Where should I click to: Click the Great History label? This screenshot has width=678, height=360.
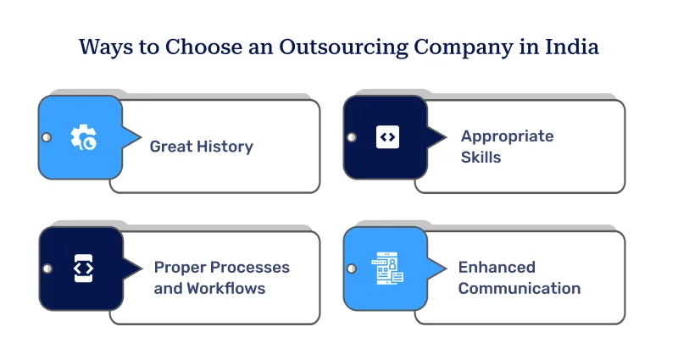pyautogui.click(x=201, y=147)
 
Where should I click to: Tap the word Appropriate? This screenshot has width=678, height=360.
pyautogui.click(x=507, y=136)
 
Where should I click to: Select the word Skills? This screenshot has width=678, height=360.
pyautogui.click(x=481, y=157)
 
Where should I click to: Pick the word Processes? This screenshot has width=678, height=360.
pyautogui.click(x=253, y=268)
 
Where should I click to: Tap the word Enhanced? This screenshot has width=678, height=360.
pyautogui.click(x=497, y=268)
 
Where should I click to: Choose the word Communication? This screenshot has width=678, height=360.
pyautogui.click(x=520, y=288)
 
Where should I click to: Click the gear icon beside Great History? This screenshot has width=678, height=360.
pyautogui.click(x=83, y=137)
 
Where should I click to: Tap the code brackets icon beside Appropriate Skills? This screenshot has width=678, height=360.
pyautogui.click(x=387, y=136)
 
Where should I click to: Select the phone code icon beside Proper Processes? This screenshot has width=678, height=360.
pyautogui.click(x=83, y=268)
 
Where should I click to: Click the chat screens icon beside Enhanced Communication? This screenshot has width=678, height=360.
pyautogui.click(x=387, y=269)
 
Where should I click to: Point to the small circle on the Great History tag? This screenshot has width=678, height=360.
pyautogui.click(x=46, y=137)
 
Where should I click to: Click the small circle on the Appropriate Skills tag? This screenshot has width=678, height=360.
pyautogui.click(x=351, y=137)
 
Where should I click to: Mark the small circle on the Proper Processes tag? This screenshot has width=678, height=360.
pyautogui.click(x=46, y=269)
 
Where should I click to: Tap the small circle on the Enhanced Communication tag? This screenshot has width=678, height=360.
pyautogui.click(x=351, y=269)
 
